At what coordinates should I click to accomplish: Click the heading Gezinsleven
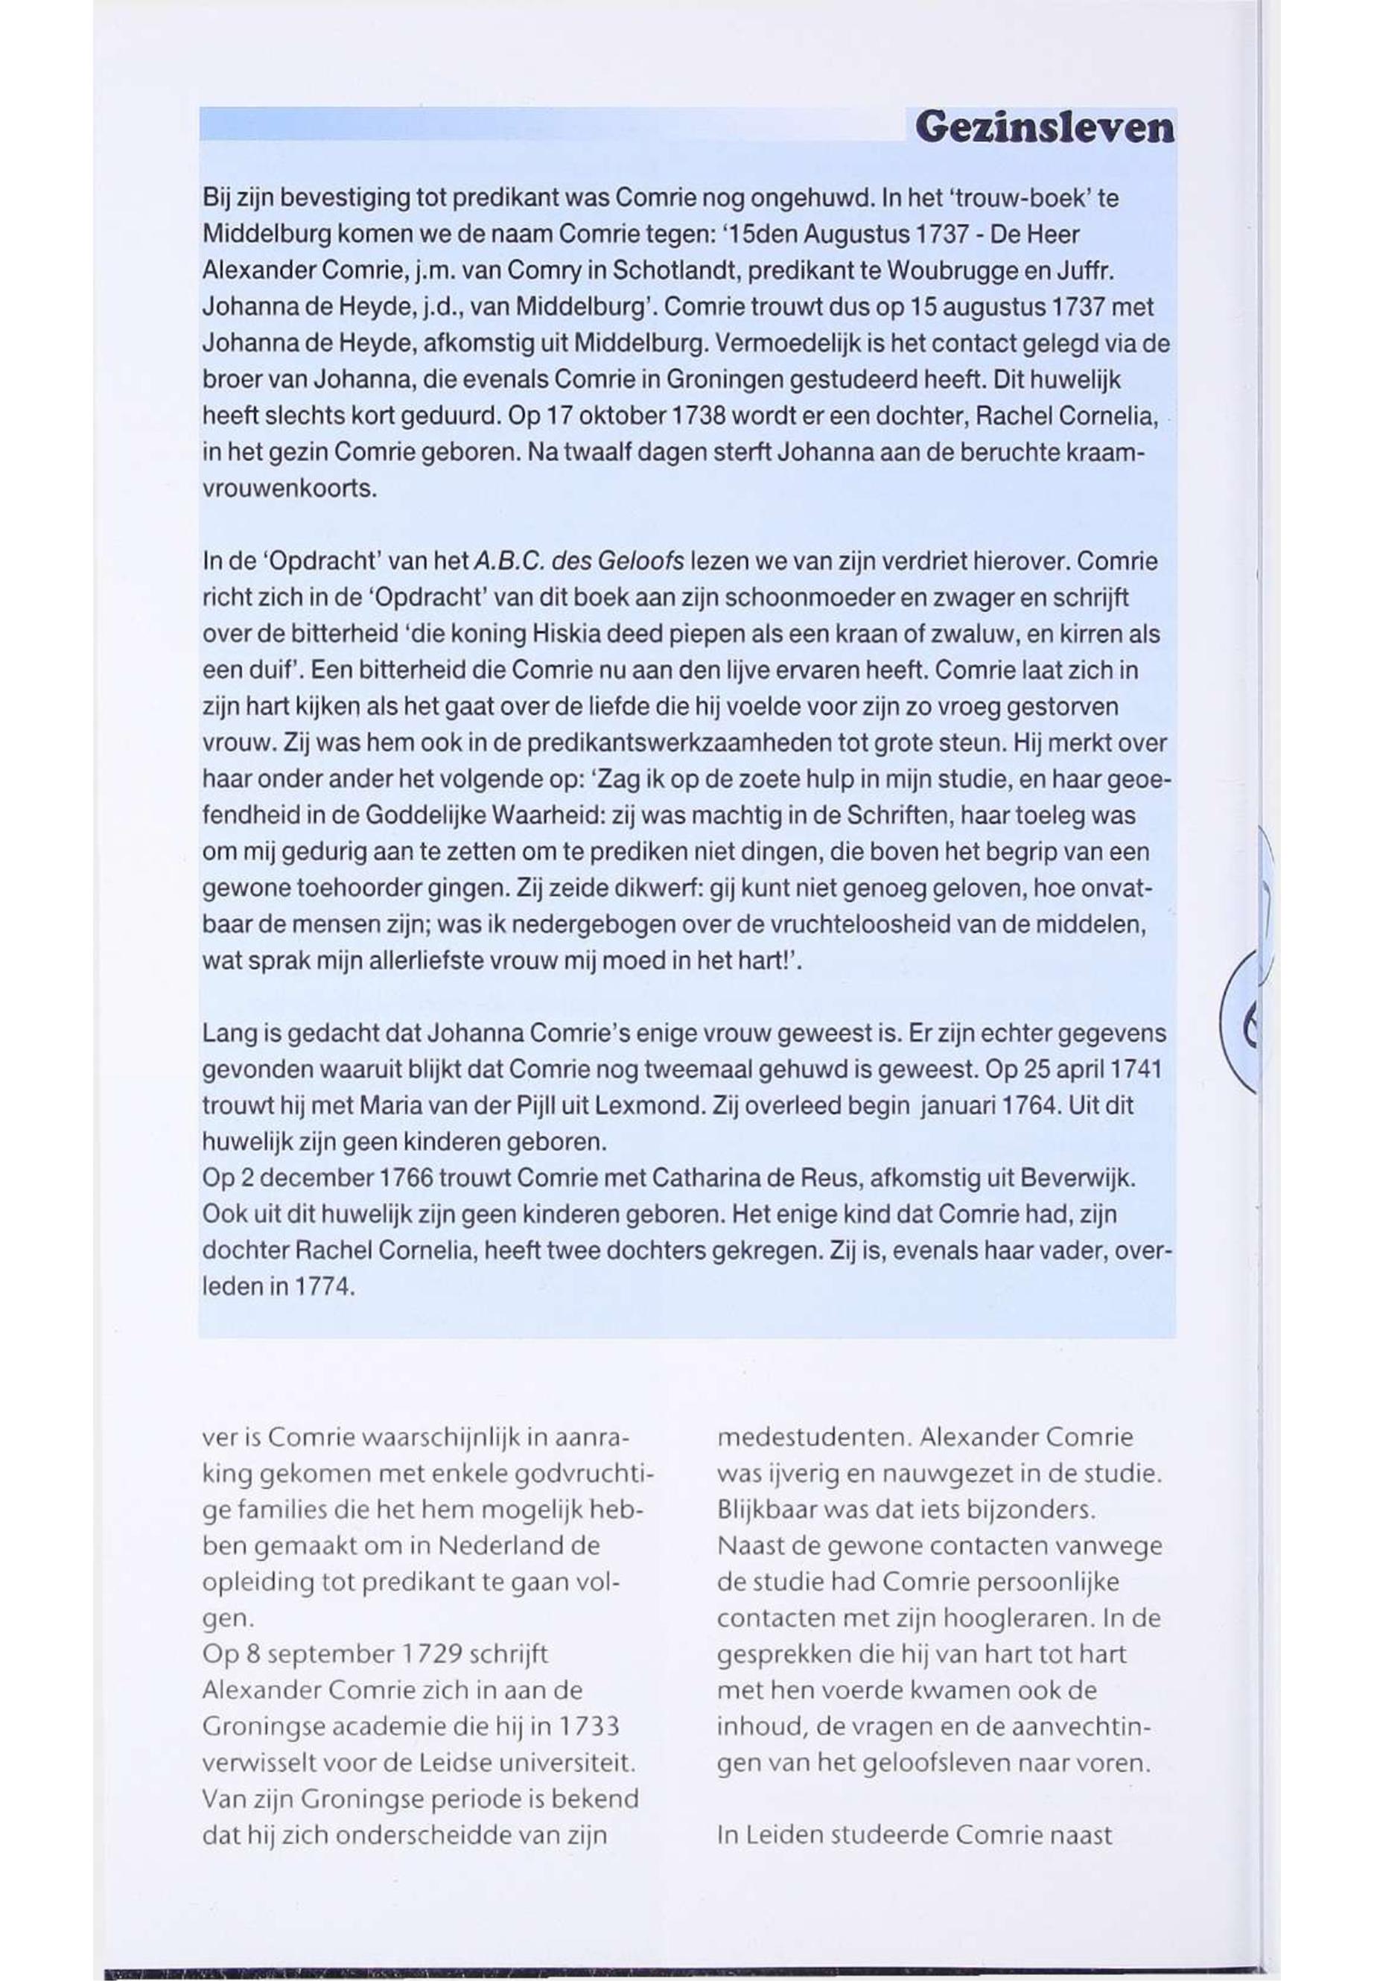click(1043, 129)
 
